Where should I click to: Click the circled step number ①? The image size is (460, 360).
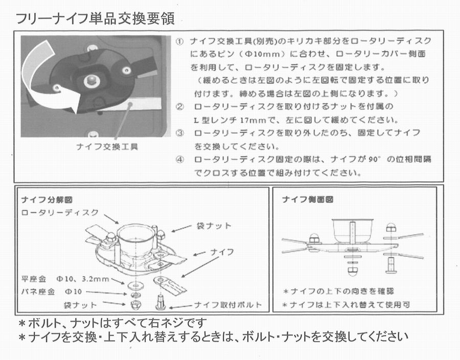point(179,41)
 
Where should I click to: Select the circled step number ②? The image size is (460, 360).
point(180,107)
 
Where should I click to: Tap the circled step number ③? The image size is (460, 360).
point(180,133)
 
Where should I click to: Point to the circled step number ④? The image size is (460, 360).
point(180,160)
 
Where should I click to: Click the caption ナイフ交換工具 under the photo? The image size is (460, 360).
point(107,147)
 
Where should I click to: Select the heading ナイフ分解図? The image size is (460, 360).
point(47,200)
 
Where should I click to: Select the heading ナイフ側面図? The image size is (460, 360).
point(308,200)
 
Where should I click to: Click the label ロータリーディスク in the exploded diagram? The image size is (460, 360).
point(60,212)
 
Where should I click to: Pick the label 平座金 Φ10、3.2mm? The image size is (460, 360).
point(65,279)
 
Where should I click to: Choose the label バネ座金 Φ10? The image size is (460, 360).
point(52,292)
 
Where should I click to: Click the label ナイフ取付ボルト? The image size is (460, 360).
point(228,305)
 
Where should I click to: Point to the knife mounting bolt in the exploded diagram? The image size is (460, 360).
point(160,302)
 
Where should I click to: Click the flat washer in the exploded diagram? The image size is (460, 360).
point(135,284)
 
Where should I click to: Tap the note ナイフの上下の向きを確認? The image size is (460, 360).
point(338,292)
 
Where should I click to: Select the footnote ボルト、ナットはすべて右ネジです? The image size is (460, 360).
point(112,323)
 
